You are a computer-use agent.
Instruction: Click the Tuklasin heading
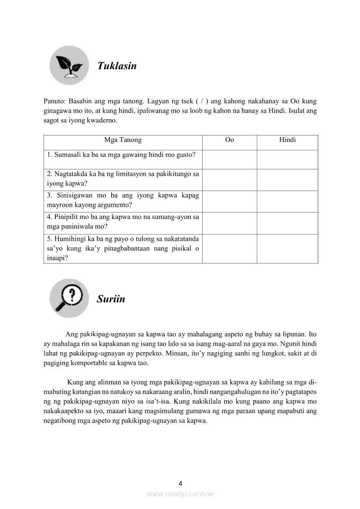[117, 66]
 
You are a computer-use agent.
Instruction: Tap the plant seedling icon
[69, 65]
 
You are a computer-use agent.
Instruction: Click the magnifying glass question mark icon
[69, 298]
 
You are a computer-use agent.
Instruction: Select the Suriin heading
[111, 299]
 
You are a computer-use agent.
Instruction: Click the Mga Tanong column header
[123, 140]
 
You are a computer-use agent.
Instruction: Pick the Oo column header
[229, 140]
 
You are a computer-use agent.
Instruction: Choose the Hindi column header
[287, 140]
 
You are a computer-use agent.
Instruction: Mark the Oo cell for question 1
[229, 159]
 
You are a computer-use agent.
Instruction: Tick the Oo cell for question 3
[229, 201]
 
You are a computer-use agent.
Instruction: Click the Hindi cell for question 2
[287, 180]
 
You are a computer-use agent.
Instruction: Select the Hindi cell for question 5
[287, 249]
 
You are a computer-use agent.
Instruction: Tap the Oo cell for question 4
[229, 223]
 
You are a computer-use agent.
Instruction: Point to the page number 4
[180, 483]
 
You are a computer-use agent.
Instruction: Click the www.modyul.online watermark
[180, 494]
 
